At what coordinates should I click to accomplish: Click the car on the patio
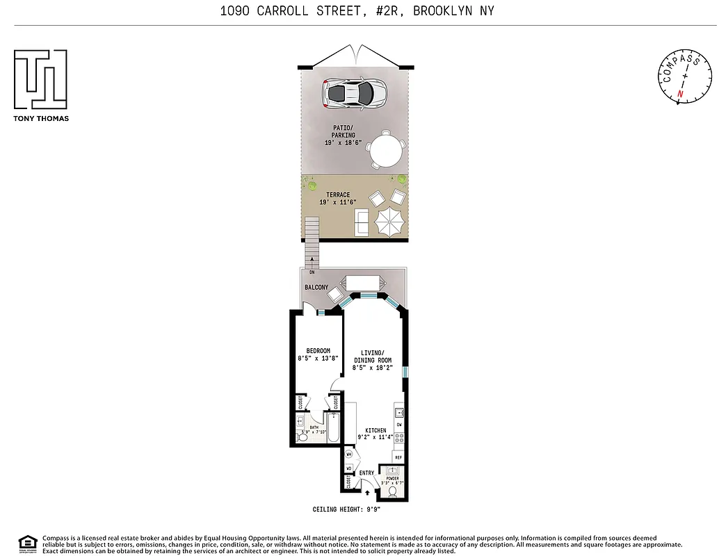pos(355,92)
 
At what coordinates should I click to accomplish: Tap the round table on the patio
pos(387,149)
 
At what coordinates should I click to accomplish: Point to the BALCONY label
pos(316,287)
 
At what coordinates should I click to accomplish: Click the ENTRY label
pos(366,473)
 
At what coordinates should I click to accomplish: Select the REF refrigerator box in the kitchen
pos(398,457)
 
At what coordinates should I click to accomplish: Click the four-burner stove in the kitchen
pos(399,438)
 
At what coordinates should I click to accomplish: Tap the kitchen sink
pos(400,411)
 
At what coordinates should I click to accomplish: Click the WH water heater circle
pos(349,455)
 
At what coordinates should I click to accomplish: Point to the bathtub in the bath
pos(334,428)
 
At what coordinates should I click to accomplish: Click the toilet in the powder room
pos(392,491)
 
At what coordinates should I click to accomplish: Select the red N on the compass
pos(680,93)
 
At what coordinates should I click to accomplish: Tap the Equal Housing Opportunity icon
pos(26,543)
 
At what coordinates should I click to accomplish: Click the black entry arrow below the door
pos(368,494)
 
